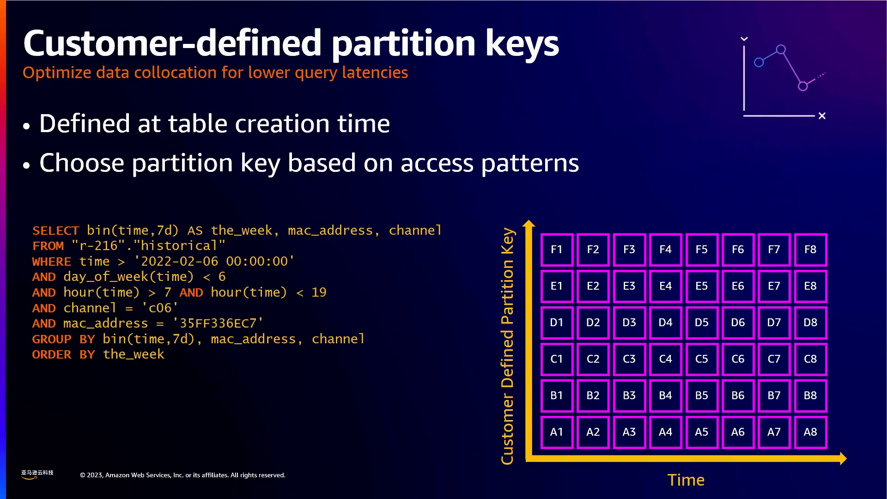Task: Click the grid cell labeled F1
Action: click(557, 249)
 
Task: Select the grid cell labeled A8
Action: click(810, 432)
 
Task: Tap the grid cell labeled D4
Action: click(665, 323)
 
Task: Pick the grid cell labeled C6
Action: click(738, 359)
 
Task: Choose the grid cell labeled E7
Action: click(774, 286)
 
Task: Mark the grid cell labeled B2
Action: click(593, 396)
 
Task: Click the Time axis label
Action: click(686, 480)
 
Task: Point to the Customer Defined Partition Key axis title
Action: click(507, 346)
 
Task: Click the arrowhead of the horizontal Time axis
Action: click(843, 458)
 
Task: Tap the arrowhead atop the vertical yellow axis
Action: click(529, 223)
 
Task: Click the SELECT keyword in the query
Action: click(56, 231)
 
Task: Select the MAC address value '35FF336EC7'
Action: click(218, 323)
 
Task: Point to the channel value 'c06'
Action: click(160, 308)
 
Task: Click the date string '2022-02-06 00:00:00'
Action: click(214, 261)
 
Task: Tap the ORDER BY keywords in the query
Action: click(63, 354)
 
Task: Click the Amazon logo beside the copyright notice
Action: click(37, 475)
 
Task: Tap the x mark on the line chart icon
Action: click(822, 116)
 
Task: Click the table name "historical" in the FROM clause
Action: click(179, 246)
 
